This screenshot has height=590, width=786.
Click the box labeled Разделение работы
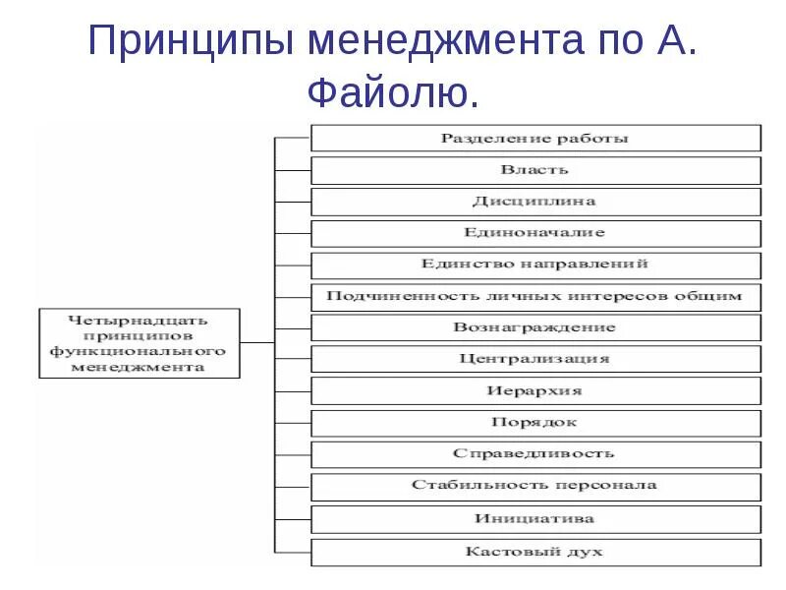click(535, 139)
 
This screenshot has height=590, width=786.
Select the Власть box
click(535, 170)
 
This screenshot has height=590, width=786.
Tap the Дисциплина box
click(535, 202)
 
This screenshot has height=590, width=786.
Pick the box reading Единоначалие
click(535, 233)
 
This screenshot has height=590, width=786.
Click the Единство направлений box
click(535, 265)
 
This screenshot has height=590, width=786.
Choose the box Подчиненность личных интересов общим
click(535, 296)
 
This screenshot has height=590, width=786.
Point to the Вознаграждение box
click(535, 327)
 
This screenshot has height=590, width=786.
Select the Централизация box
click(535, 359)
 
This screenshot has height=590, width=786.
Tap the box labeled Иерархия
click(535, 390)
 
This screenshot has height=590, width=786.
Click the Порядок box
click(535, 423)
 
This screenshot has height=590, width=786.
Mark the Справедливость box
click(535, 454)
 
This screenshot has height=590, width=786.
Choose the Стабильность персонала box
click(535, 486)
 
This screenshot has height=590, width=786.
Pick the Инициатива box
click(535, 518)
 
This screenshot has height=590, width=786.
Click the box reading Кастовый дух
click(535, 551)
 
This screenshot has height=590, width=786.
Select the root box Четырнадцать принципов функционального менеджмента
click(139, 343)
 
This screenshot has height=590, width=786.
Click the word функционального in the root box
click(139, 351)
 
